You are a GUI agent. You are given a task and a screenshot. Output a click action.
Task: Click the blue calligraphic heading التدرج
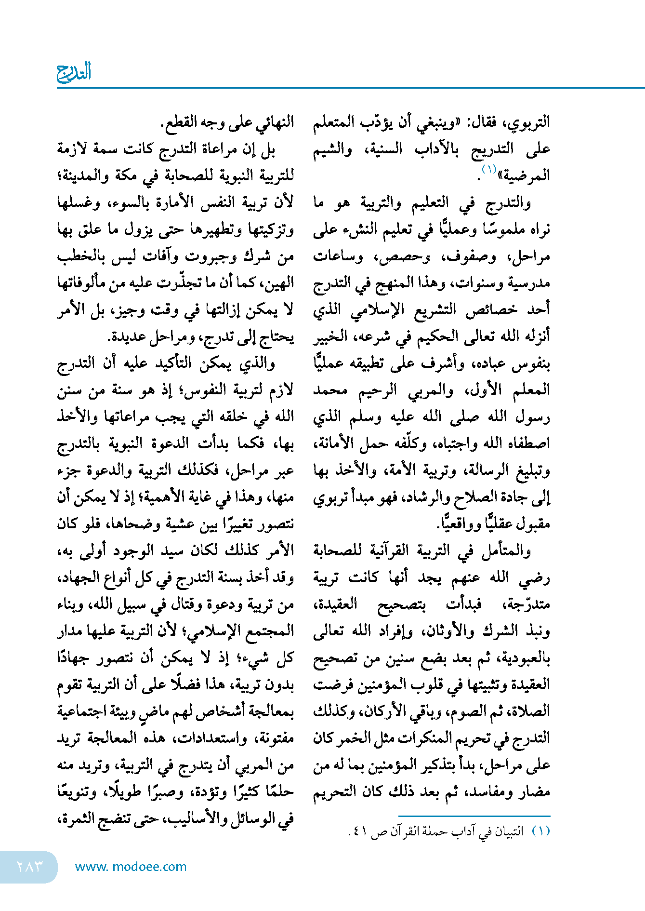point(74,72)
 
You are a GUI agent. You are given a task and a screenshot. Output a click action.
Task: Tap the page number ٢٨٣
point(30,866)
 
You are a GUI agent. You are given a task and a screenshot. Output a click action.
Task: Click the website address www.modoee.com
point(131,867)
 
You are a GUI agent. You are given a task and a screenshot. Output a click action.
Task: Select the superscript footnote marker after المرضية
point(488,169)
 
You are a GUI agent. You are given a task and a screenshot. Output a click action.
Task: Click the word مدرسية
point(529,283)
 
